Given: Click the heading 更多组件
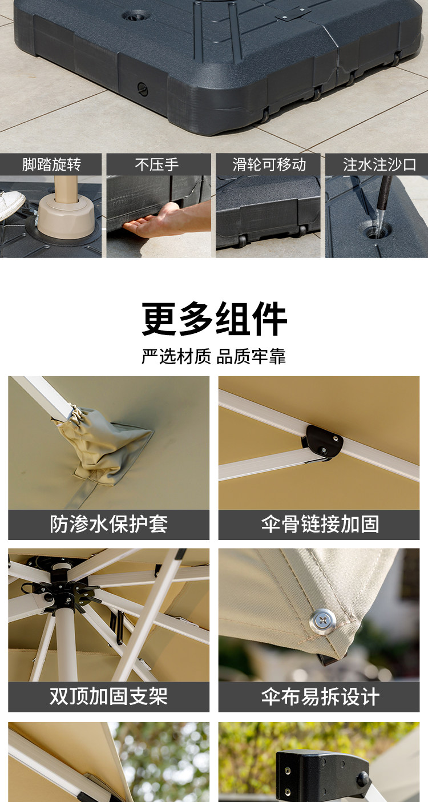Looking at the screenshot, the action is [214, 319].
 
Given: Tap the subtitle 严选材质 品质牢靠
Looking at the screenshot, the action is [214, 357].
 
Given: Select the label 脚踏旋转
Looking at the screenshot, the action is [51, 165].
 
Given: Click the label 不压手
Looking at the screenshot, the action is [157, 165].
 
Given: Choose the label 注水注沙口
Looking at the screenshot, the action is [379, 165].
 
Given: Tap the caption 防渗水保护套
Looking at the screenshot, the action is [108, 524].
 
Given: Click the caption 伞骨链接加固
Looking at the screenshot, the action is [320, 524].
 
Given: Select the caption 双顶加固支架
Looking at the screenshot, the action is [108, 696].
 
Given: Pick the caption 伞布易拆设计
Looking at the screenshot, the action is [320, 696].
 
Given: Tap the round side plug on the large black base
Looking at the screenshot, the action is [143, 88].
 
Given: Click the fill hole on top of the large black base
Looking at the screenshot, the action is [134, 16].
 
